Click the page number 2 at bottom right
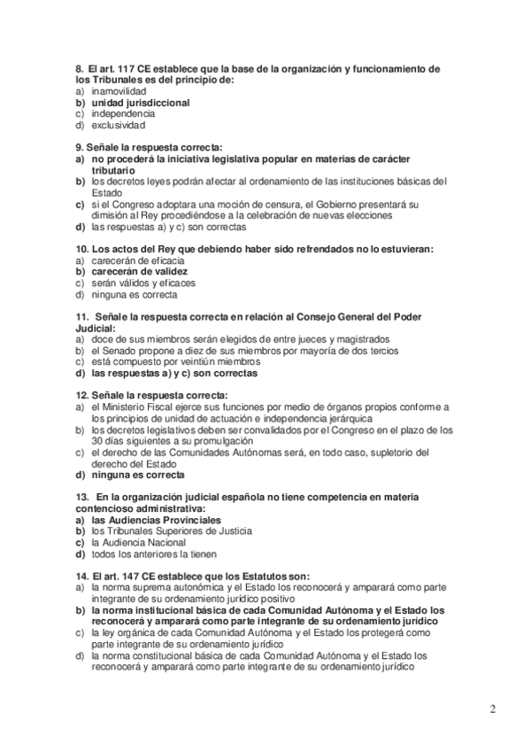tap(493, 710)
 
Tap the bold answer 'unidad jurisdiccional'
tap(141, 103)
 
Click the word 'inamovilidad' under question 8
tap(125, 91)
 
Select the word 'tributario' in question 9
tap(113, 169)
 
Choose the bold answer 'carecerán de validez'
tap(142, 272)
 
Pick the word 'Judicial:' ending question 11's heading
tap(96, 328)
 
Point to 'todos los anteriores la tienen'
tap(159, 554)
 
